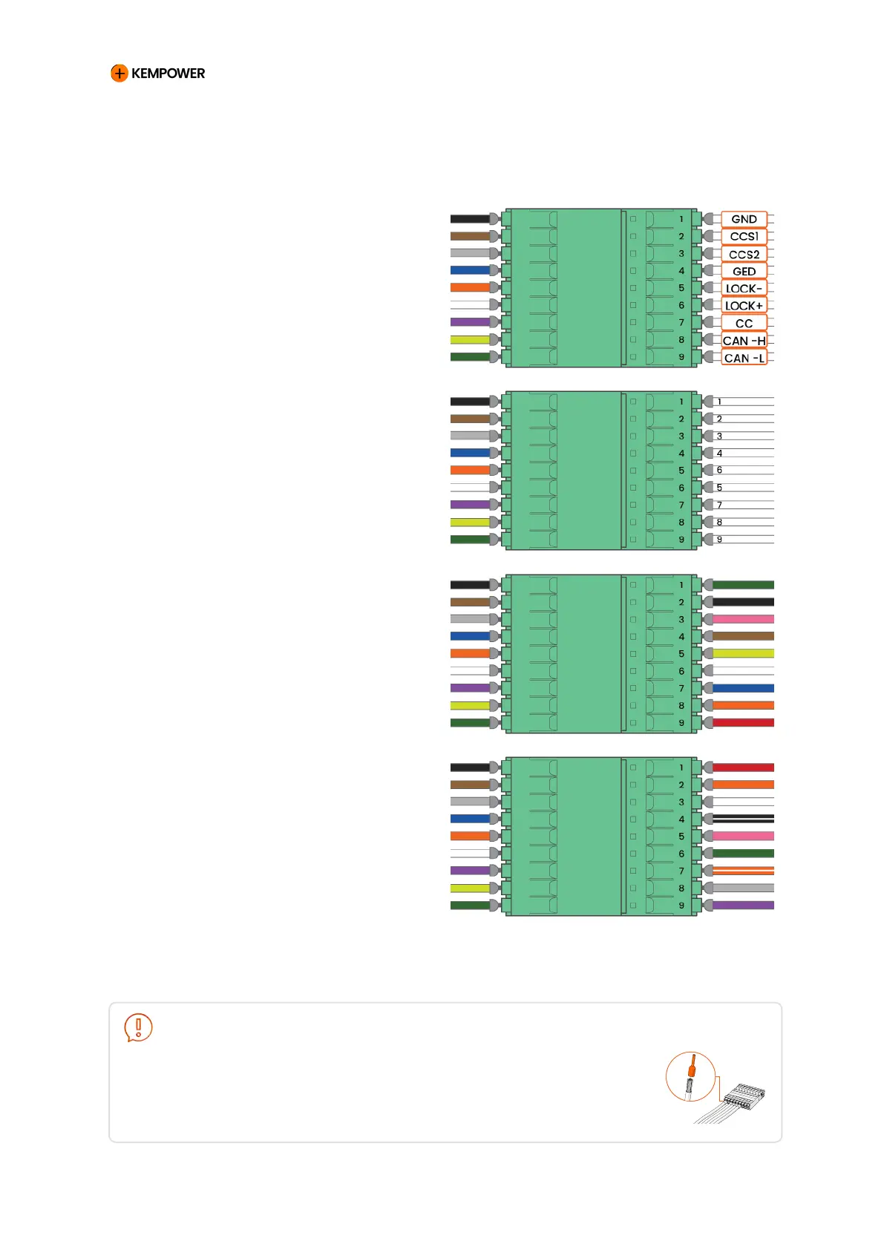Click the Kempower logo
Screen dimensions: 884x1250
(x=157, y=73)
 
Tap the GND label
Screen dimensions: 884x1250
(x=744, y=219)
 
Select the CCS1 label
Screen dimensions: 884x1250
(x=744, y=236)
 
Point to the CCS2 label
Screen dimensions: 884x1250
(x=744, y=254)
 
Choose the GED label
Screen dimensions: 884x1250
(x=744, y=271)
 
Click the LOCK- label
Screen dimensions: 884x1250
(x=744, y=288)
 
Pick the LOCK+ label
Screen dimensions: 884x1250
(x=744, y=305)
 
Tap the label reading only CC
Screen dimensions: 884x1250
(x=744, y=323)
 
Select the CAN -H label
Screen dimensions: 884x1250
(x=744, y=341)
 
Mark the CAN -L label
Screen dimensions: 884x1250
(x=744, y=358)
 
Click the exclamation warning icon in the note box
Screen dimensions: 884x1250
(x=138, y=1027)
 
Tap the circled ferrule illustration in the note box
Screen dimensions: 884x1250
(x=690, y=1076)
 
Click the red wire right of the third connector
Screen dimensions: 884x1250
(x=742, y=722)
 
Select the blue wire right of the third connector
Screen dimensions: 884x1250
(x=742, y=688)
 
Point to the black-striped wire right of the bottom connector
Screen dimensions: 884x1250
(x=742, y=819)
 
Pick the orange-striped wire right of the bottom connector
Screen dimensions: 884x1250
(x=742, y=871)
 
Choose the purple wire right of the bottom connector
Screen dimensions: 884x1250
(x=742, y=905)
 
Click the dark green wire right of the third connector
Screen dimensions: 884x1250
(x=742, y=585)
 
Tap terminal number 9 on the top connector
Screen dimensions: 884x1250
(x=681, y=357)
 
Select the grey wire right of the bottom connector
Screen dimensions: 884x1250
(x=742, y=888)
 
